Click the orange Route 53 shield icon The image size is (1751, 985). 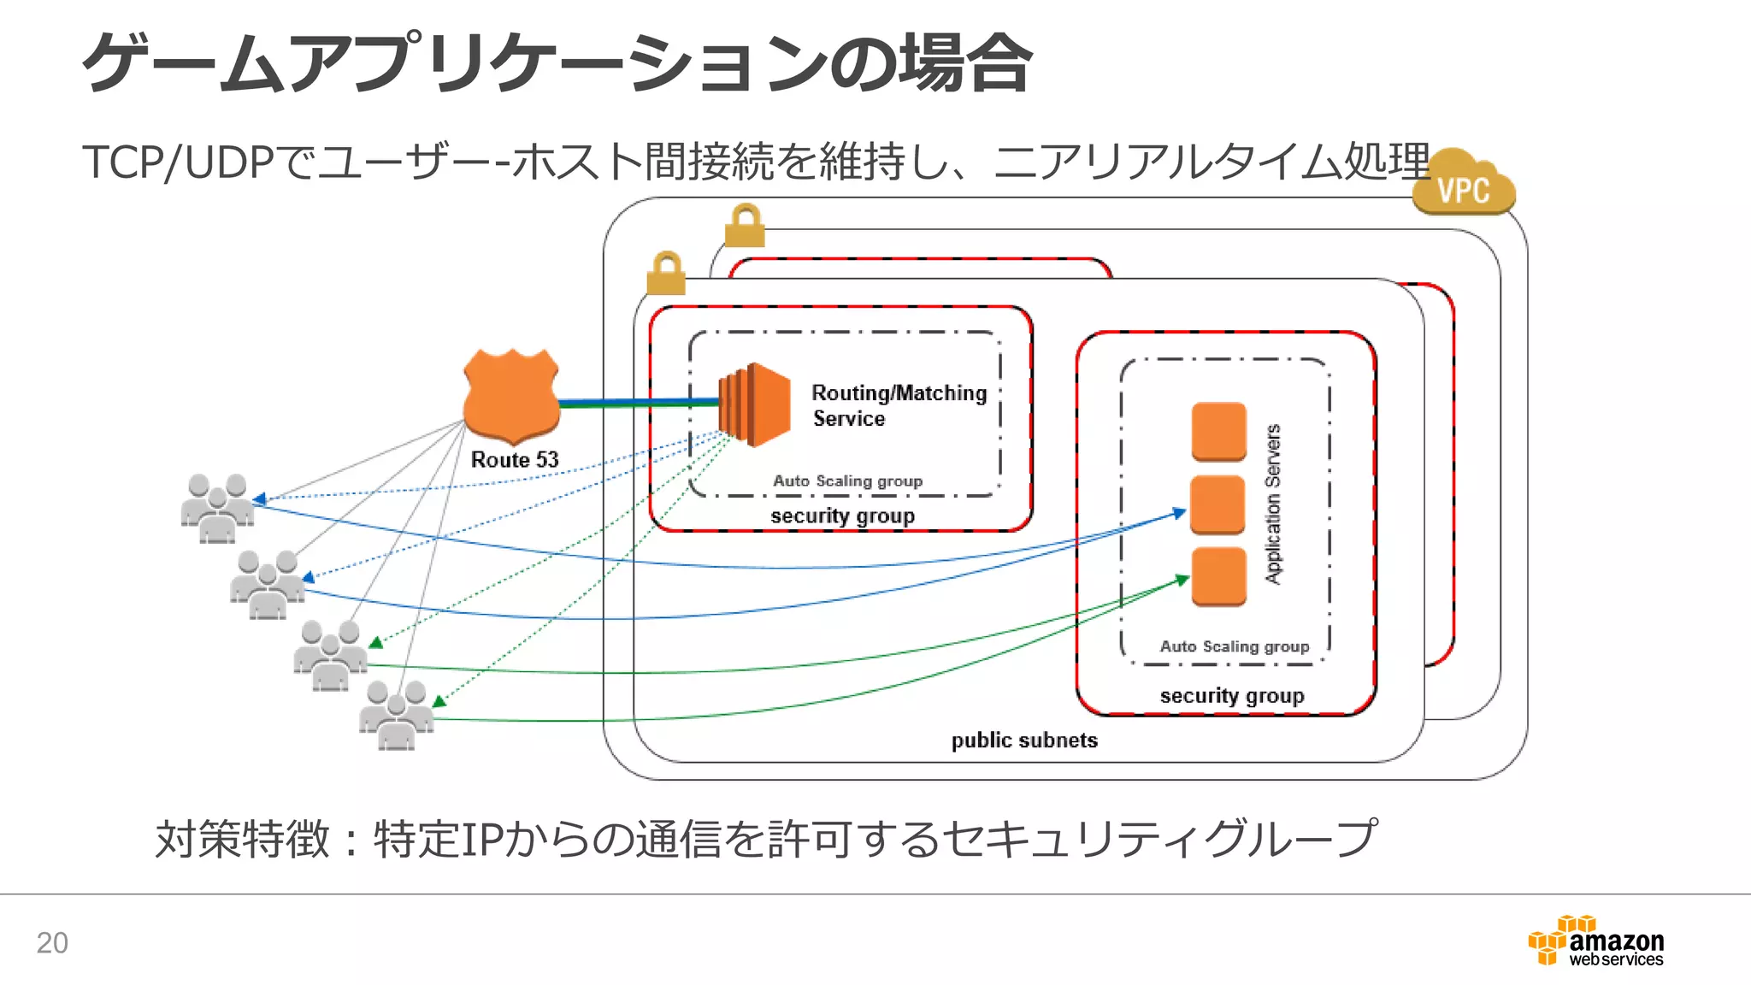[511, 395]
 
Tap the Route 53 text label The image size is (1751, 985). [514, 460]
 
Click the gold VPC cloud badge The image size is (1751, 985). [1463, 184]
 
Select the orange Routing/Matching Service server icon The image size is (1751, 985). [754, 404]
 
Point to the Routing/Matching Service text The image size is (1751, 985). [898, 405]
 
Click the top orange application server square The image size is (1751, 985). [1218, 431]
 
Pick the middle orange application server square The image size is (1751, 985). [1217, 504]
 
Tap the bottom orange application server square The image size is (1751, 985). [1218, 576]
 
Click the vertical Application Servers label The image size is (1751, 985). [1273, 504]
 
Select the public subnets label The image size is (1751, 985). [1024, 740]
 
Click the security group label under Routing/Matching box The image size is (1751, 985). [842, 516]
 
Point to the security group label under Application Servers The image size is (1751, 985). [1231, 696]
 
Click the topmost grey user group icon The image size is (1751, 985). [217, 508]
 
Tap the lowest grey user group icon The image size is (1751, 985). [396, 715]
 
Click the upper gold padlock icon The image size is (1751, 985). [745, 226]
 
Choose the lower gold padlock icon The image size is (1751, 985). [666, 274]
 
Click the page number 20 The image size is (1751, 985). [52, 942]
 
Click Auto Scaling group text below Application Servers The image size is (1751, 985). [1234, 646]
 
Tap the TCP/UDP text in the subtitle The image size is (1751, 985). [179, 162]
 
